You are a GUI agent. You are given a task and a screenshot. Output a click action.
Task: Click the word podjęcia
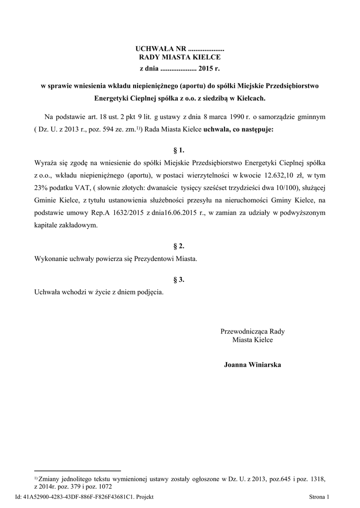tap(149, 292)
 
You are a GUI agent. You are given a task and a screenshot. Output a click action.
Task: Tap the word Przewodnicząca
tap(245, 331)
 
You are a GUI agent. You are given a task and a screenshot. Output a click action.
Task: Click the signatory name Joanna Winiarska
tap(253, 365)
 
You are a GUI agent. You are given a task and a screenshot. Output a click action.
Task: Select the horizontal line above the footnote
tap(77, 470)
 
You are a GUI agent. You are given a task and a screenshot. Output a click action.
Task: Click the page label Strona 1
tap(319, 497)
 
